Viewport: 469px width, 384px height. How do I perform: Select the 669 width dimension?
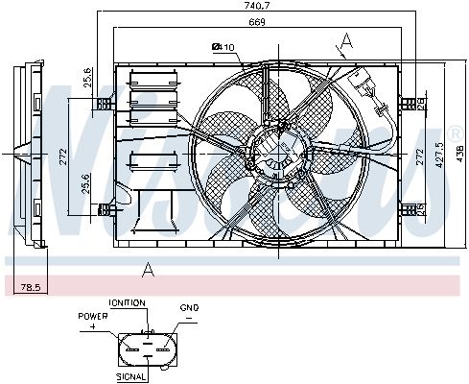click(x=229, y=21)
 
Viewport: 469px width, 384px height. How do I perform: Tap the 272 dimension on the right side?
click(x=418, y=153)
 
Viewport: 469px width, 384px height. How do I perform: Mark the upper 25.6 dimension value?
click(x=88, y=76)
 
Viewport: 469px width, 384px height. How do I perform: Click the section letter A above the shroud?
click(x=345, y=40)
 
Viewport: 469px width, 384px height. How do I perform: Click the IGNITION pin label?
click(x=128, y=302)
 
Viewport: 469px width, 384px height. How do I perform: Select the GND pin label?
click(x=189, y=308)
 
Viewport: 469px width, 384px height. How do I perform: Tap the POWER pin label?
click(x=94, y=316)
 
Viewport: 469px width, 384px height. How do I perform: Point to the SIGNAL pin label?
click(x=131, y=378)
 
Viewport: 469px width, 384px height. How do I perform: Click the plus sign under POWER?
click(x=94, y=326)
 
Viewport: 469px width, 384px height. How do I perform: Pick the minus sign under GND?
click(x=190, y=318)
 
